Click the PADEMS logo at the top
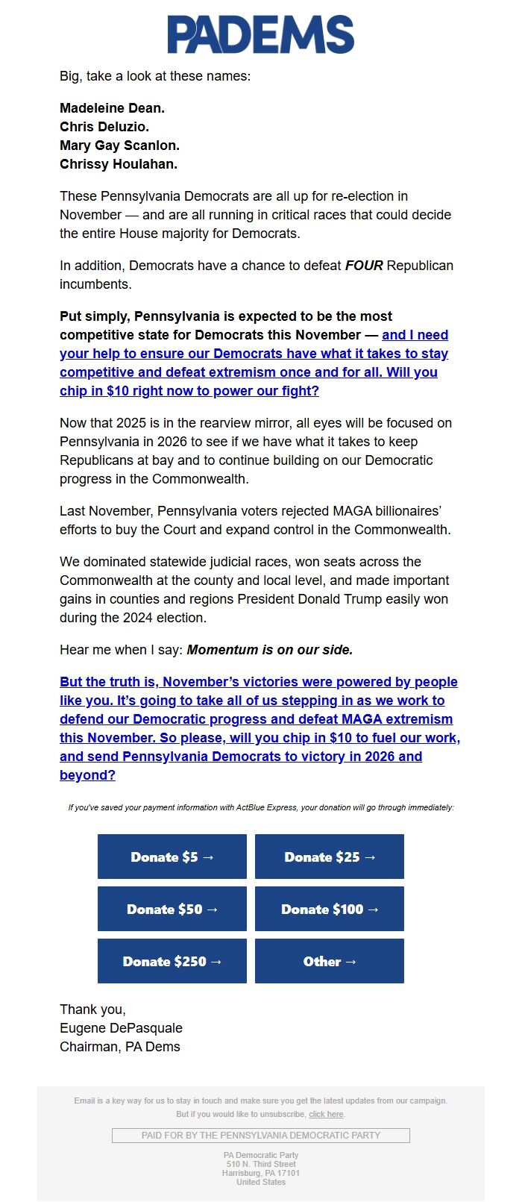click(x=260, y=35)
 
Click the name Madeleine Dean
click(x=112, y=108)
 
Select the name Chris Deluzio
click(x=104, y=127)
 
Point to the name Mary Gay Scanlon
click(x=119, y=145)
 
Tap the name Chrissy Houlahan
click(x=119, y=164)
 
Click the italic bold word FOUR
click(x=364, y=266)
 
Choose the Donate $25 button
click(x=330, y=857)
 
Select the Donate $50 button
click(x=172, y=909)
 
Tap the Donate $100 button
click(x=330, y=909)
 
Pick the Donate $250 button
click(x=172, y=961)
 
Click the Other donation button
click(x=330, y=961)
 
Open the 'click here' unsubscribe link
click(x=326, y=1114)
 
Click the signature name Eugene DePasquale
click(x=121, y=1028)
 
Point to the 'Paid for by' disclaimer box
click(x=261, y=1135)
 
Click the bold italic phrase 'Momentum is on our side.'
click(x=270, y=650)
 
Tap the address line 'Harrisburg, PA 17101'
click(x=261, y=1173)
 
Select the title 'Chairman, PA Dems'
click(x=120, y=1047)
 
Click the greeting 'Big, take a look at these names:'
click(x=155, y=76)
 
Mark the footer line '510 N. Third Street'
click(x=261, y=1164)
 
